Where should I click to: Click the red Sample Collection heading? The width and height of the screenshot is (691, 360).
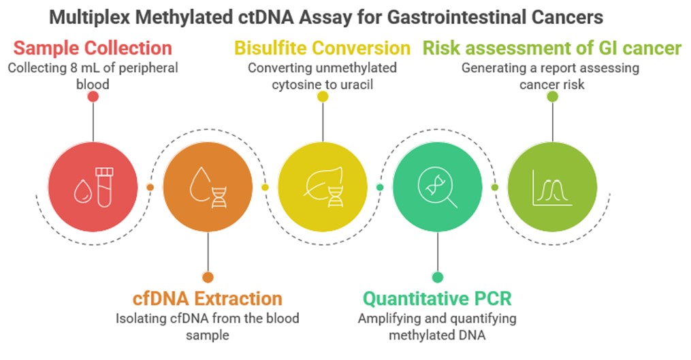(93, 48)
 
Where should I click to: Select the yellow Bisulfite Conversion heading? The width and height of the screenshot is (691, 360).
(322, 48)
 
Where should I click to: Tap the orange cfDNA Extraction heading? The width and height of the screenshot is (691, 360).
(207, 298)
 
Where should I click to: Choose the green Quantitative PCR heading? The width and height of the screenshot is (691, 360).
(437, 298)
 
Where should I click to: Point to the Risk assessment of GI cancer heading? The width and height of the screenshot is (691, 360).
(552, 48)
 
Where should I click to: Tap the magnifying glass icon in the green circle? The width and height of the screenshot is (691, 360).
(437, 186)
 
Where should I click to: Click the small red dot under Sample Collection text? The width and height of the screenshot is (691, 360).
(93, 97)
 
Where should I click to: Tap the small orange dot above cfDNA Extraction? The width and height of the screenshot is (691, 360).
(208, 277)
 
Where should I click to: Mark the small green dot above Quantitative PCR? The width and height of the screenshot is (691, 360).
(438, 277)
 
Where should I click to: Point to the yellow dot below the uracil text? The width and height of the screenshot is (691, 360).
(323, 97)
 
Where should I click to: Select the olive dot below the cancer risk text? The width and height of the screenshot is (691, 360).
(553, 97)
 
